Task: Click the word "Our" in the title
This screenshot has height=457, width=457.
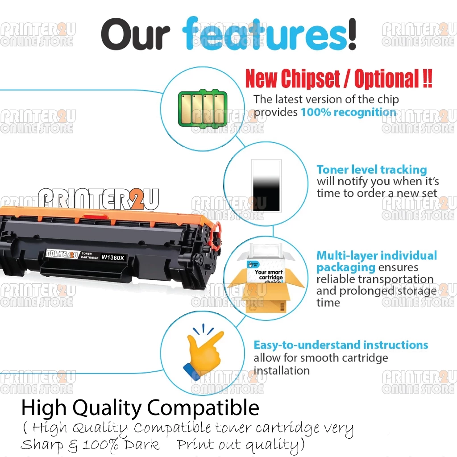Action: pos(135,34)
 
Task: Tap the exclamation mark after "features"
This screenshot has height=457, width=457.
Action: pos(352,34)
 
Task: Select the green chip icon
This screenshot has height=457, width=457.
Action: pos(203,108)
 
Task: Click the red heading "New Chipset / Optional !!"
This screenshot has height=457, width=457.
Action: pos(339,79)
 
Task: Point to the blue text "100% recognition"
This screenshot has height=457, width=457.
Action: pos(348,112)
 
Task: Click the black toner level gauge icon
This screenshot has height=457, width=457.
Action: pos(266,185)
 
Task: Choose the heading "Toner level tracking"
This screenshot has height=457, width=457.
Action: pos(372,170)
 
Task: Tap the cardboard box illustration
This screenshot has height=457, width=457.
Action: pos(266,289)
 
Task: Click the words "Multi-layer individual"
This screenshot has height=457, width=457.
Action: pos(377,255)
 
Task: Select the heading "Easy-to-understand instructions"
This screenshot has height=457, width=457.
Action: pos(341,345)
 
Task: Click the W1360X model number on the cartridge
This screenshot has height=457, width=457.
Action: pos(112,258)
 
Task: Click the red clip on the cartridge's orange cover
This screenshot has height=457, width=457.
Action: pos(95,216)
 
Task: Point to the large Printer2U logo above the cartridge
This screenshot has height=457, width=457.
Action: pos(99,199)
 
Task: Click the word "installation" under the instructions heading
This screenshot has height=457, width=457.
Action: pos(282,370)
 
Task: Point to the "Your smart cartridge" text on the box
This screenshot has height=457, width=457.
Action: pos(269,274)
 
